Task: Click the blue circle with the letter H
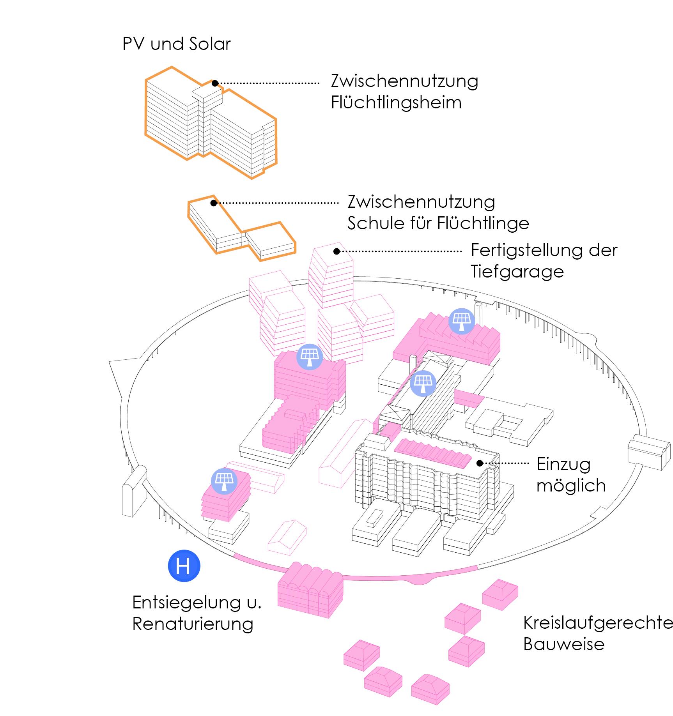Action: click(x=184, y=566)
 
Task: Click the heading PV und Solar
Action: click(x=176, y=44)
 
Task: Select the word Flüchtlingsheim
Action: click(x=396, y=103)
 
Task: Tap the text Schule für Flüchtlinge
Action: click(x=438, y=224)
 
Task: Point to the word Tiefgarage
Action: click(x=517, y=272)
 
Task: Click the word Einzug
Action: click(x=563, y=464)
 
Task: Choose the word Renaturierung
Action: click(x=193, y=624)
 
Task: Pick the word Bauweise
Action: click(x=563, y=644)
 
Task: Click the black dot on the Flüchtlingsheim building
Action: click(x=215, y=83)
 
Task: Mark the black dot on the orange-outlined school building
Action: click(x=213, y=203)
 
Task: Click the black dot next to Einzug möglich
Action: click(x=480, y=463)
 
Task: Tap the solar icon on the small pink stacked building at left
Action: click(x=224, y=481)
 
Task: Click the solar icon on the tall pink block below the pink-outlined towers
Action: click(x=310, y=356)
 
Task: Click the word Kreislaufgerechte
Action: click(x=598, y=622)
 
